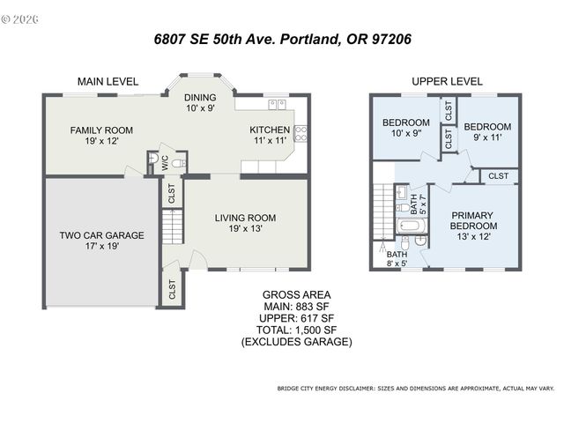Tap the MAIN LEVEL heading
[x=108, y=81]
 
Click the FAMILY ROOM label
[x=101, y=130]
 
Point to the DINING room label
[x=200, y=99]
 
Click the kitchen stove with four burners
[x=300, y=133]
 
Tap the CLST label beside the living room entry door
[x=170, y=288]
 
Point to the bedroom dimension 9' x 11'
[x=487, y=137]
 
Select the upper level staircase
[x=382, y=211]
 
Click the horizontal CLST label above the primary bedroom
[x=498, y=176]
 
